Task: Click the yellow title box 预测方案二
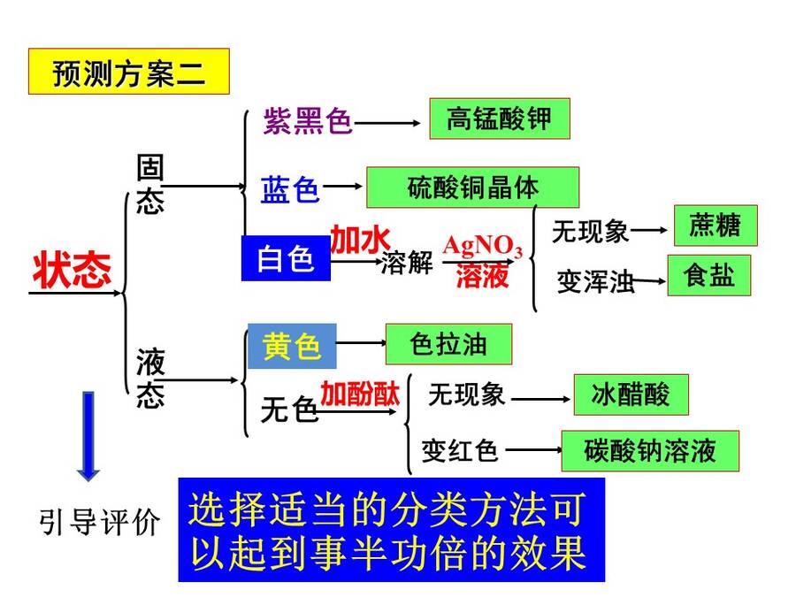129,72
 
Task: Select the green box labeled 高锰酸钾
500,119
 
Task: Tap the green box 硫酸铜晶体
472,188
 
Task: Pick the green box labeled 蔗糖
716,226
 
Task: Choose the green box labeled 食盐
708,276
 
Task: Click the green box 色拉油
448,344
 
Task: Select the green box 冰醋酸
631,395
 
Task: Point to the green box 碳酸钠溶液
650,451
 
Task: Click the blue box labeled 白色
286,258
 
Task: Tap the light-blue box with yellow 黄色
292,346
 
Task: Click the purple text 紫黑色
308,121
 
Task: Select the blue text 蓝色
290,190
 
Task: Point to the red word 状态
72,270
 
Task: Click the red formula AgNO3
482,247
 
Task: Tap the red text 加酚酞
360,394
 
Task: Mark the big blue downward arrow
88,436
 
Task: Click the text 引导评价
99,521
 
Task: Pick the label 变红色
459,451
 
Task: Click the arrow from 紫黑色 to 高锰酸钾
387,123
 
